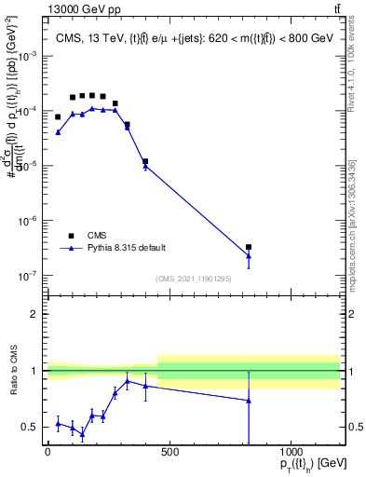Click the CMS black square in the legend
coord(70,236)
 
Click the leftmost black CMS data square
coord(58,117)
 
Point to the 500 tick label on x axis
coord(169,453)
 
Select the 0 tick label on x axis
coord(47,453)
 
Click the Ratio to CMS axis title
coord(13,370)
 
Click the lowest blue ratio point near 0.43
coord(82,434)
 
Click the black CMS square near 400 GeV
coord(145,161)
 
